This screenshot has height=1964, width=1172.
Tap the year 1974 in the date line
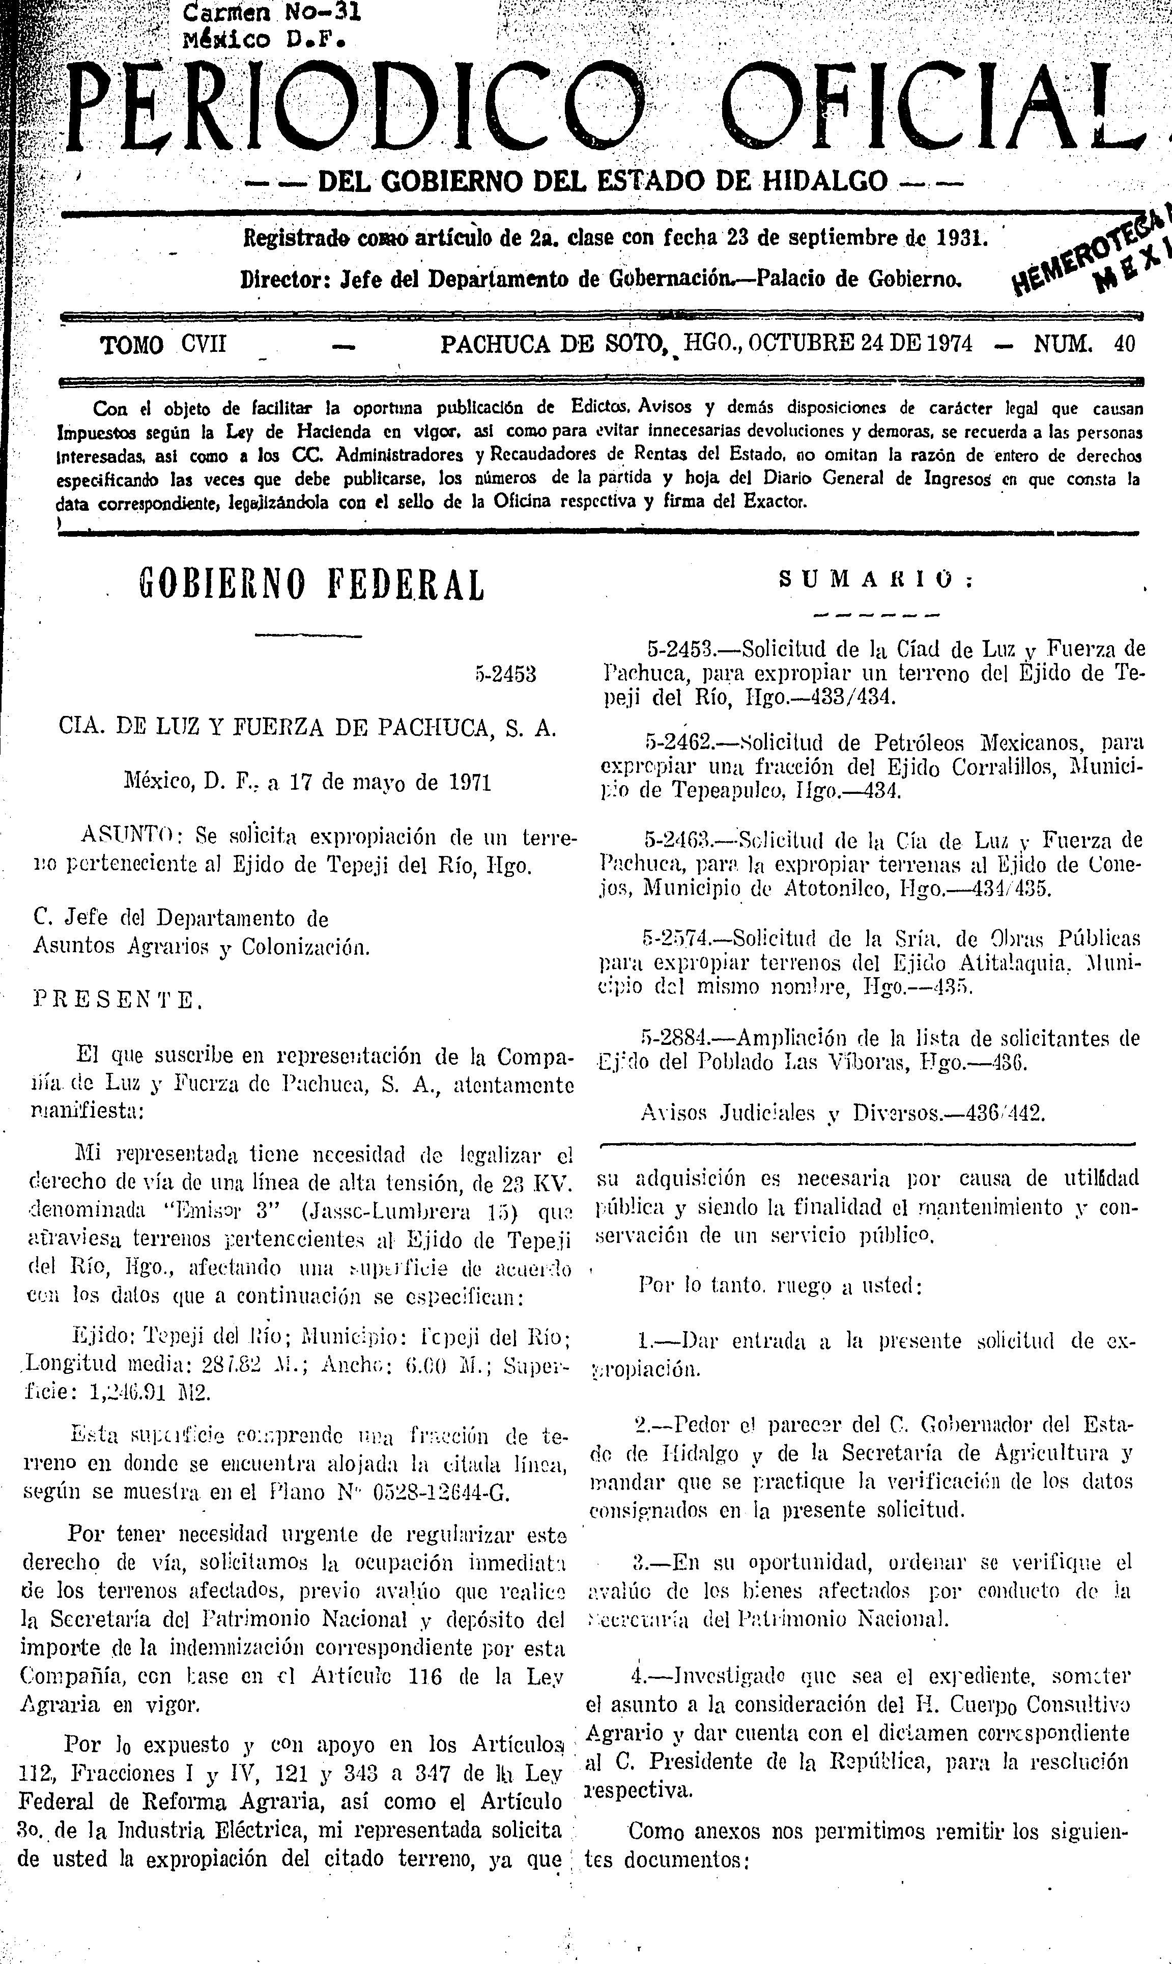pos(945,344)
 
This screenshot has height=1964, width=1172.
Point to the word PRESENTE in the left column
pos(118,1002)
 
